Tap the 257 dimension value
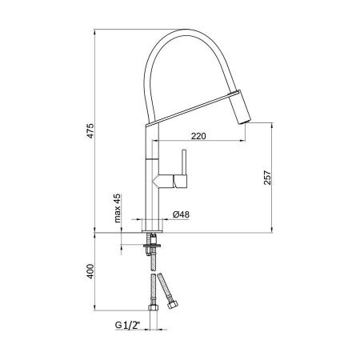pyautogui.click(x=269, y=181)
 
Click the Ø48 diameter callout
pyautogui.click(x=182, y=214)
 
